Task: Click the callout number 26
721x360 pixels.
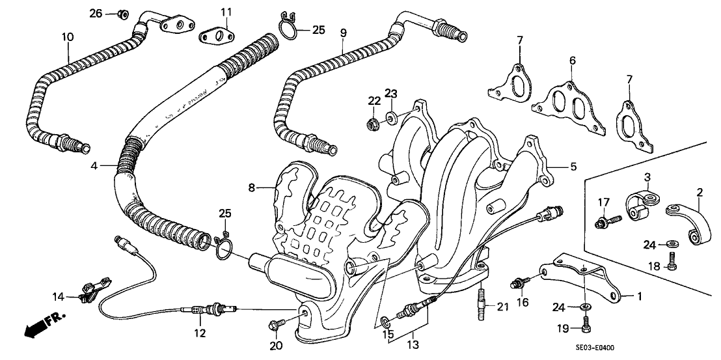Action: [96, 13]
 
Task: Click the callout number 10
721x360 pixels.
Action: [68, 37]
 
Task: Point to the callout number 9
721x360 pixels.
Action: [343, 33]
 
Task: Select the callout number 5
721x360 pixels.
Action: [573, 167]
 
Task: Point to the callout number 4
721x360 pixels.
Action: [94, 165]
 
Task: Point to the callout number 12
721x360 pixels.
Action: [199, 334]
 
